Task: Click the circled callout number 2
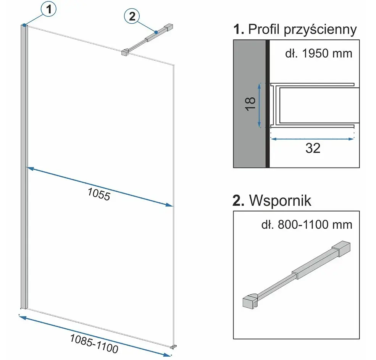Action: point(132,16)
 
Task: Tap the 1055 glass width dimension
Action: point(99,194)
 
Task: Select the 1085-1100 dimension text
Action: point(94,344)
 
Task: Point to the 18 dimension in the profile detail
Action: point(250,104)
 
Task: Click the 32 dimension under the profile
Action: point(313,148)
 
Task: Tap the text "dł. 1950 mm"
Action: point(319,53)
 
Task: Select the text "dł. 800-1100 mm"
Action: point(307,225)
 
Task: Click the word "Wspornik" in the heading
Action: point(280,200)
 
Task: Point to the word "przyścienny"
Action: point(320,30)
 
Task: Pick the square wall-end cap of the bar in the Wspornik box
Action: point(341,249)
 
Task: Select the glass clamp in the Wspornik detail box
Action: point(250,301)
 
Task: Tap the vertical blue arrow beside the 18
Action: point(259,105)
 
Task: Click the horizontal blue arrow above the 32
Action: point(313,139)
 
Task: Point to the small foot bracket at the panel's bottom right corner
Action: point(173,346)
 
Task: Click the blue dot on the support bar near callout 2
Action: point(156,32)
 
